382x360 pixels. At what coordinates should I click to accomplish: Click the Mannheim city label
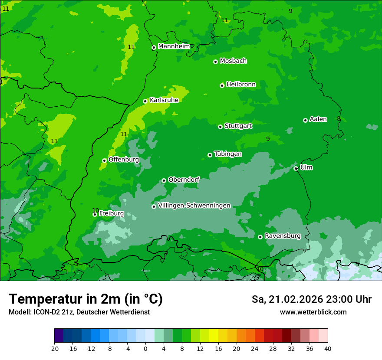click(x=174, y=46)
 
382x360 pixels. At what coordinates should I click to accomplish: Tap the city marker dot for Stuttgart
click(x=220, y=127)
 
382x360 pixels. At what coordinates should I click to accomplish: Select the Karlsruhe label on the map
click(x=164, y=100)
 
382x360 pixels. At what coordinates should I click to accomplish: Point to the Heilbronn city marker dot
click(x=222, y=85)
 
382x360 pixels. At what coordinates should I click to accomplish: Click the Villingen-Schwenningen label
click(x=194, y=206)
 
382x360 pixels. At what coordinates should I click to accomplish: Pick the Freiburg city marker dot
click(x=95, y=214)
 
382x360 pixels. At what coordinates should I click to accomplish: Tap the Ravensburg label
click(x=282, y=236)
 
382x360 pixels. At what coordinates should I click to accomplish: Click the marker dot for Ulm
click(x=296, y=168)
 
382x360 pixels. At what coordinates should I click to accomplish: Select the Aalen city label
click(x=318, y=119)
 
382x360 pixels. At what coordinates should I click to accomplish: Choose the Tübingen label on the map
click(x=228, y=154)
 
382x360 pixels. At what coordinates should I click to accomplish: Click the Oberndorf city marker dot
click(x=164, y=180)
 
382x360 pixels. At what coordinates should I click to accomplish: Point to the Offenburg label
click(x=124, y=160)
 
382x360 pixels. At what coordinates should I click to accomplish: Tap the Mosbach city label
click(x=233, y=61)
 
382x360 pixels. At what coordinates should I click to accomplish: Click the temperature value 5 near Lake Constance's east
click(x=357, y=265)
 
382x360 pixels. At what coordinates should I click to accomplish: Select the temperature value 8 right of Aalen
click(x=339, y=119)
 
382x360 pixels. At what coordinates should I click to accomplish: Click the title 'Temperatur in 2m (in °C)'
click(x=86, y=299)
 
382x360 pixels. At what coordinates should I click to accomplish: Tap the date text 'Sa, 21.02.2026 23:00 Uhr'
click(x=311, y=299)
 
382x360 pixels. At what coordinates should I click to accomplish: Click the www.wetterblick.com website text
click(x=313, y=312)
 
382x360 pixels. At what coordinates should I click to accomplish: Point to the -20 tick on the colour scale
click(x=54, y=348)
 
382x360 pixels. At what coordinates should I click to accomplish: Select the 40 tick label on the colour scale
click(x=328, y=348)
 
